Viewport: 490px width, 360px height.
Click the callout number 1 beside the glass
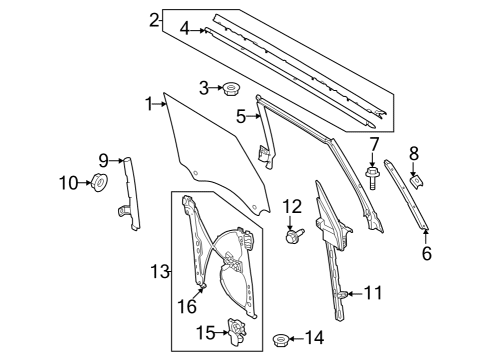coord(148,103)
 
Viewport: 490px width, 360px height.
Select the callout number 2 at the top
coord(153,19)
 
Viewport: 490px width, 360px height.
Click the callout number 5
coord(241,117)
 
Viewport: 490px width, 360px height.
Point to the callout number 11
coord(373,293)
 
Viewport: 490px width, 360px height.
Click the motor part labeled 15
coord(237,330)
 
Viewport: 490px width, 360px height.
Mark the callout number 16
coord(187,307)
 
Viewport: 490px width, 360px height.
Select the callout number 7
coord(373,145)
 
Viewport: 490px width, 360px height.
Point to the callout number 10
coord(66,182)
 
